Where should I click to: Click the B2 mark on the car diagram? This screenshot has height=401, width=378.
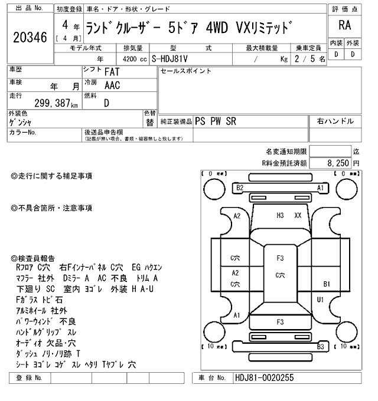coord(240,188)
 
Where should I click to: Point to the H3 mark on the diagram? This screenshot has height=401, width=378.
coord(281,216)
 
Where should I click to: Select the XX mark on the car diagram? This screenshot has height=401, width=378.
coord(298,216)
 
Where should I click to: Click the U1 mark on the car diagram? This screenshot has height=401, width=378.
coord(321,300)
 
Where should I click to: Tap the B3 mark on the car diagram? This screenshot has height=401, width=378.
coord(321,347)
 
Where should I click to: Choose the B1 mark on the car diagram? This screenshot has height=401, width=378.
coord(327,284)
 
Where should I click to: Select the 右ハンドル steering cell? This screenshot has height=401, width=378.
coord(335,121)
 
